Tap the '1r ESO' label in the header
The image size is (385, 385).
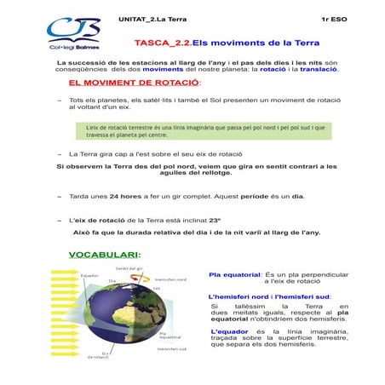pos(333,16)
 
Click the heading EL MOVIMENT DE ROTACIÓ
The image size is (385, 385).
pos(134,83)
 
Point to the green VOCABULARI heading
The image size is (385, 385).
pos(104,255)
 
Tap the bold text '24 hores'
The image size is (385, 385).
pos(129,196)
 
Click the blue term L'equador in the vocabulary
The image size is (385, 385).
pos(229,330)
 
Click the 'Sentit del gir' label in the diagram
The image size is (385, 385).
pos(129,267)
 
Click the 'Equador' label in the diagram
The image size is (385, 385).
pos(89,276)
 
